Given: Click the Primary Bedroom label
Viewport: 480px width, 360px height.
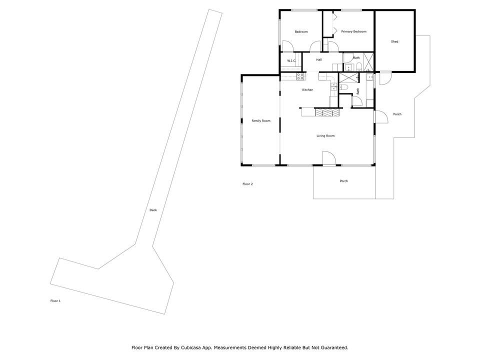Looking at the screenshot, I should (x=353, y=31).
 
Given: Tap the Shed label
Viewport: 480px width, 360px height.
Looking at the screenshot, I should (x=394, y=41).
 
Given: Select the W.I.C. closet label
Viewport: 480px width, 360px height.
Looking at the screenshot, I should (x=291, y=61).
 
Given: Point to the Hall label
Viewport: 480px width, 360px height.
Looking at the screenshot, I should (x=319, y=59).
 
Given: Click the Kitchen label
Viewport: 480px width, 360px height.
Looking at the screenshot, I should (x=307, y=90).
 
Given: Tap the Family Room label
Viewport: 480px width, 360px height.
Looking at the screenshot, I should (x=260, y=120).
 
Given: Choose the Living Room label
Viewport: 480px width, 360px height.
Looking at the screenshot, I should (x=325, y=135).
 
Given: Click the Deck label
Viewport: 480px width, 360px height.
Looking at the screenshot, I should (x=153, y=210).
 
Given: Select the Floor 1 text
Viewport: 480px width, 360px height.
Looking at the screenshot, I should (x=55, y=301).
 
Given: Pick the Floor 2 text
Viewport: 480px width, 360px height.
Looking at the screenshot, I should (x=247, y=184).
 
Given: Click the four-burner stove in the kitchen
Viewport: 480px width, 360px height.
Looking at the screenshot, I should (x=300, y=76).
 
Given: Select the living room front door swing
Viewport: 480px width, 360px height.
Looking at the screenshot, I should (x=329, y=158).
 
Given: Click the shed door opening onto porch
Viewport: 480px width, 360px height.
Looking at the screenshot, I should (x=385, y=78).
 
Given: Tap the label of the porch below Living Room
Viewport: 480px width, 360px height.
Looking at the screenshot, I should (x=343, y=181).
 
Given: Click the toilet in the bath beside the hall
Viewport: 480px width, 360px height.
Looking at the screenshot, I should (x=358, y=66).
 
